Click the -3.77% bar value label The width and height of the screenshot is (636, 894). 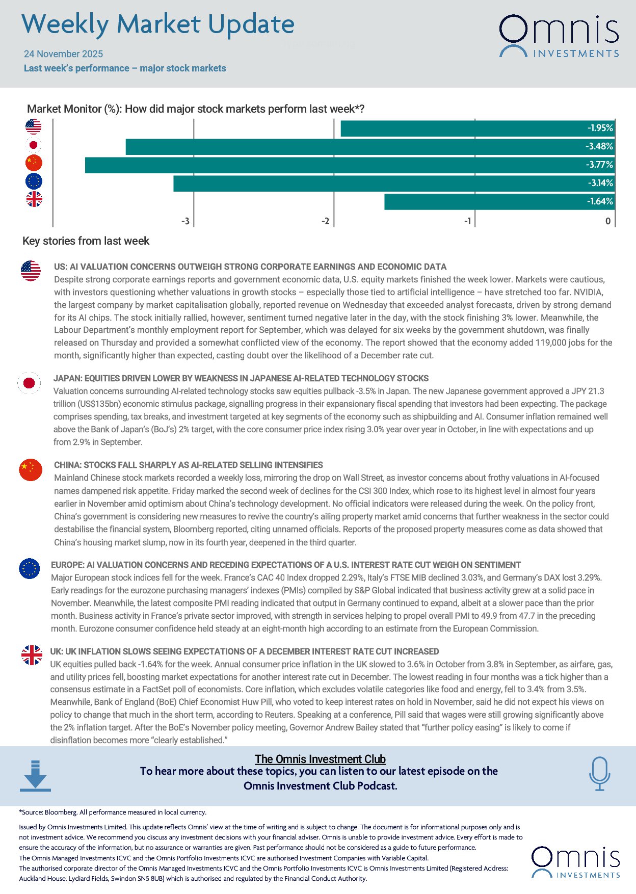tap(599, 165)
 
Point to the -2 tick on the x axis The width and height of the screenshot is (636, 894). tap(325, 221)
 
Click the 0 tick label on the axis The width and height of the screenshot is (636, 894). tap(607, 221)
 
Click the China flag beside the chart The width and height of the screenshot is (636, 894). tap(34, 163)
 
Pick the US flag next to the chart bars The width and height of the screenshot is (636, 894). tap(34, 126)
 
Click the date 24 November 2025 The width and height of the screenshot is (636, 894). tap(63, 54)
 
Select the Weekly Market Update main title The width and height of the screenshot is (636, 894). tap(158, 24)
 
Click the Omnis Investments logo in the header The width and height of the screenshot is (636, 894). tap(559, 36)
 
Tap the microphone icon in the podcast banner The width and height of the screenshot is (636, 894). tap(599, 773)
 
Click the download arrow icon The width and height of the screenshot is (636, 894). tap(35, 776)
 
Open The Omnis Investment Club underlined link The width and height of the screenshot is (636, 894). tap(320, 759)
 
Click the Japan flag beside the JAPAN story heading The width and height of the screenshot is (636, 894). tap(29, 383)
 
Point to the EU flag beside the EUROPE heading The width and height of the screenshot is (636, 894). tap(30, 568)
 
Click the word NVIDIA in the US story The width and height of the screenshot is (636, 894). tap(588, 293)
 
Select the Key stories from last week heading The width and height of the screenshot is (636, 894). tap(86, 241)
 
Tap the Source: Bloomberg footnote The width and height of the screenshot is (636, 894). tap(113, 812)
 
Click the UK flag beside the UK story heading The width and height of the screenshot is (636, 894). tap(32, 655)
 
